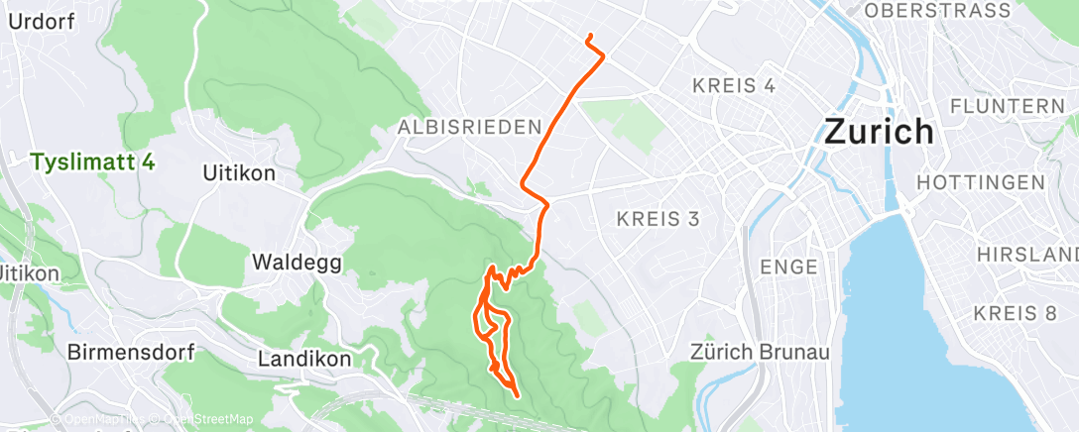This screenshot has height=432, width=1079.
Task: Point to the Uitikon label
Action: click(x=238, y=173)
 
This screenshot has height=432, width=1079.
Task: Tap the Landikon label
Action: click(x=303, y=360)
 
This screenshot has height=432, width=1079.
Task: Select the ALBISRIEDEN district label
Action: click(x=470, y=128)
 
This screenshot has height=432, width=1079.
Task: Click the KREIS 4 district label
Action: click(x=733, y=85)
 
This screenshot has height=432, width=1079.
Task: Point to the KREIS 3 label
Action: click(x=664, y=218)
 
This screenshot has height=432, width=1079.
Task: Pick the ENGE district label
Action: click(x=788, y=267)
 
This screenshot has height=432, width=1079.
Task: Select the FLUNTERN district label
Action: click(x=1006, y=105)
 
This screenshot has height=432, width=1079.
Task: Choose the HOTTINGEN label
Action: click(x=981, y=182)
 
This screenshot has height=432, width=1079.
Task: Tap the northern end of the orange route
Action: click(x=590, y=37)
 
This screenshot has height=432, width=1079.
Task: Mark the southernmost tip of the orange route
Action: click(x=518, y=396)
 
